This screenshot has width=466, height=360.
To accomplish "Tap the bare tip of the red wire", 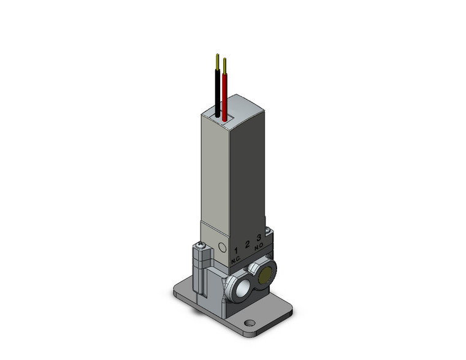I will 225,64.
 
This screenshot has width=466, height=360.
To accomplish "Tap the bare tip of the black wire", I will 218,60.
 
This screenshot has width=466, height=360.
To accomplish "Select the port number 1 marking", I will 236,251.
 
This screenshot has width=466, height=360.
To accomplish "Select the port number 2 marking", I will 248,244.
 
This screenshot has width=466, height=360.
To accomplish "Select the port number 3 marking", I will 259,237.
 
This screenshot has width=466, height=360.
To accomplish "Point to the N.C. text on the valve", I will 236,261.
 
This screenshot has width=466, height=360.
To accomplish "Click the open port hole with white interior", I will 241,286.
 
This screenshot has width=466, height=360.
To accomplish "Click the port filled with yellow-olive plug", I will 265,277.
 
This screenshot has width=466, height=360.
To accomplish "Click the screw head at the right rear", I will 267,232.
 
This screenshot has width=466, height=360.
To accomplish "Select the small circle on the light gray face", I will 221,248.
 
